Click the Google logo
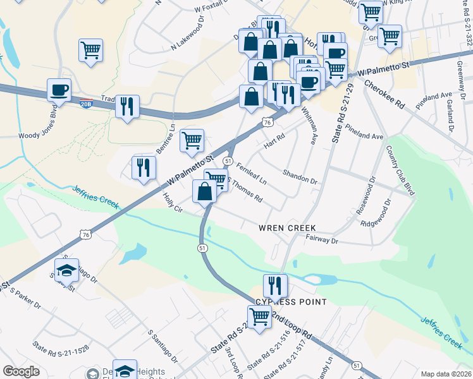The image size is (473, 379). pos(21,371)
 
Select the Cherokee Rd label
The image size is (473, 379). pos(384,87)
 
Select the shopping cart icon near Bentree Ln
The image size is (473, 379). pos(192,140)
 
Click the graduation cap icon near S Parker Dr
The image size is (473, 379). pos(66,270)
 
